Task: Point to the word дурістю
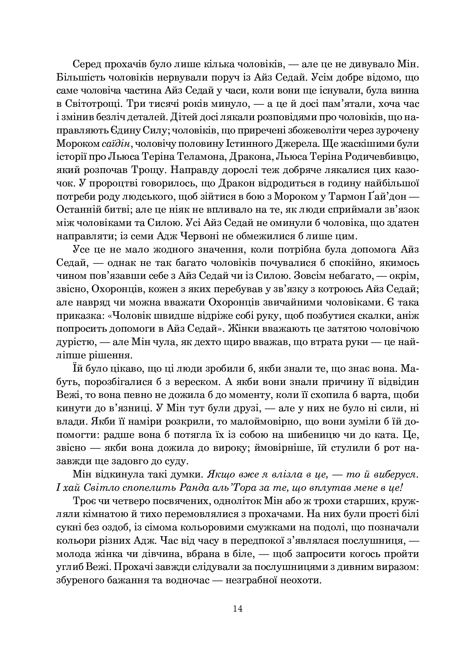click(x=75, y=342)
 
